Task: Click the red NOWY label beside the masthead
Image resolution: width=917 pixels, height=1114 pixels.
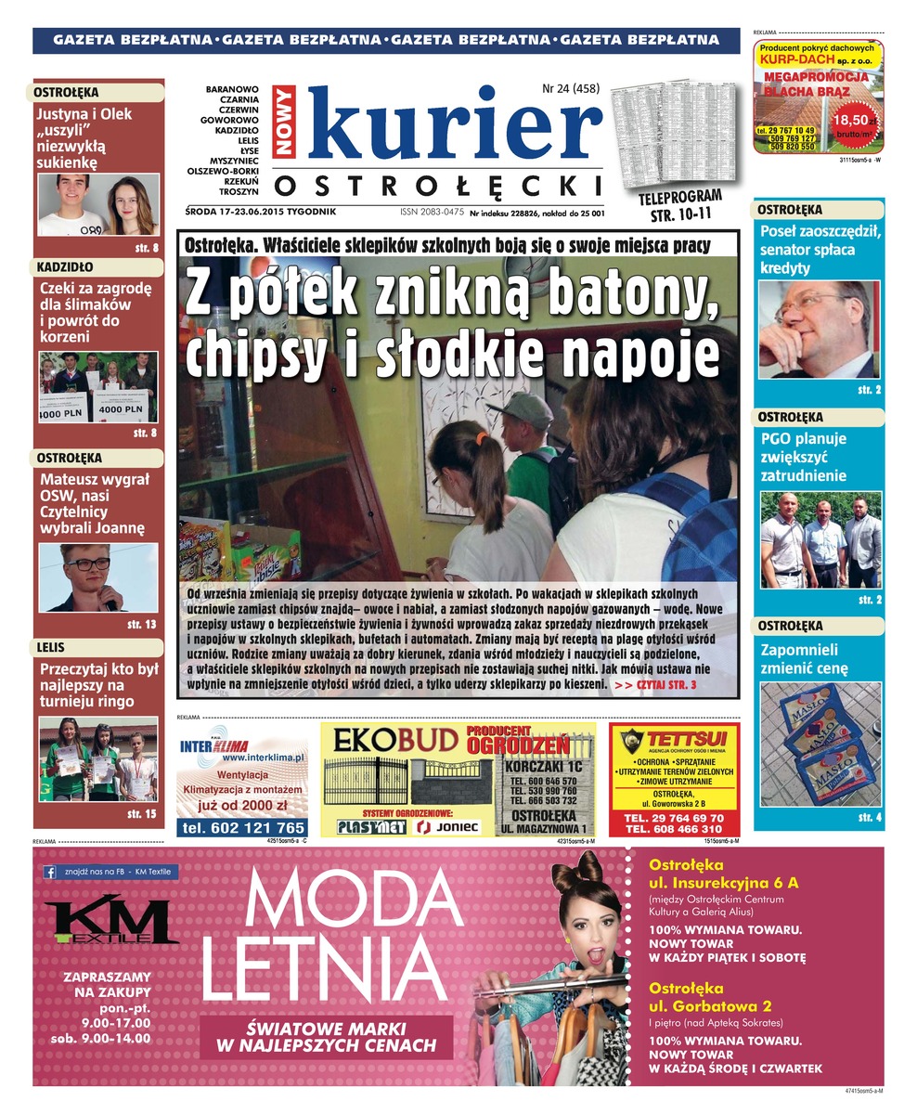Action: point(284,121)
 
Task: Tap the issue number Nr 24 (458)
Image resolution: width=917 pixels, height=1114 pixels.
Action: point(571,89)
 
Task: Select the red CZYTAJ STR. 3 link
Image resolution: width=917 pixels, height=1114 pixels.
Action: point(655,684)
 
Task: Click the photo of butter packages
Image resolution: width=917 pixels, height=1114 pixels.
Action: point(820,744)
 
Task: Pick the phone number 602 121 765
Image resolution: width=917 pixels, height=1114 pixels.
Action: point(244,827)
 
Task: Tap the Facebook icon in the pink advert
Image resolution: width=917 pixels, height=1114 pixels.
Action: point(50,872)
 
